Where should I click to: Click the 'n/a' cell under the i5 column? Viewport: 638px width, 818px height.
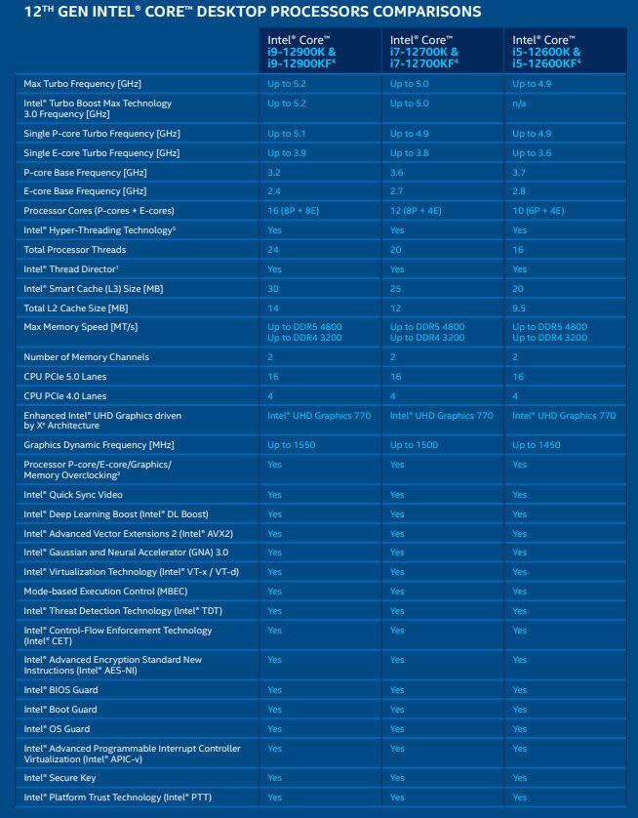[520, 103]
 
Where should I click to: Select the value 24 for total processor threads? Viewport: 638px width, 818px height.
[273, 250]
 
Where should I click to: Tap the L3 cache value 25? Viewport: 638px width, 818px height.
[396, 289]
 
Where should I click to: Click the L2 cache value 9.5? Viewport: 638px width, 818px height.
[520, 308]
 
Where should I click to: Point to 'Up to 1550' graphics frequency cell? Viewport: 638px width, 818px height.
[291, 445]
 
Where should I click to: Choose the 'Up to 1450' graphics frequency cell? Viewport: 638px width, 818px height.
[537, 445]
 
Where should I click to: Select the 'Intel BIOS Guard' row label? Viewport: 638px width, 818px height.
[60, 690]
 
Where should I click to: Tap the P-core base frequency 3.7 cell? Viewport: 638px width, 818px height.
[519, 172]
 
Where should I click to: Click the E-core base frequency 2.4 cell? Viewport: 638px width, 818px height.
[273, 191]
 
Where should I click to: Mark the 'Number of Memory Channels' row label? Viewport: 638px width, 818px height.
[86, 357]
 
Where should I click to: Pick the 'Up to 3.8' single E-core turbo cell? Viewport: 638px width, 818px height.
[409, 152]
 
